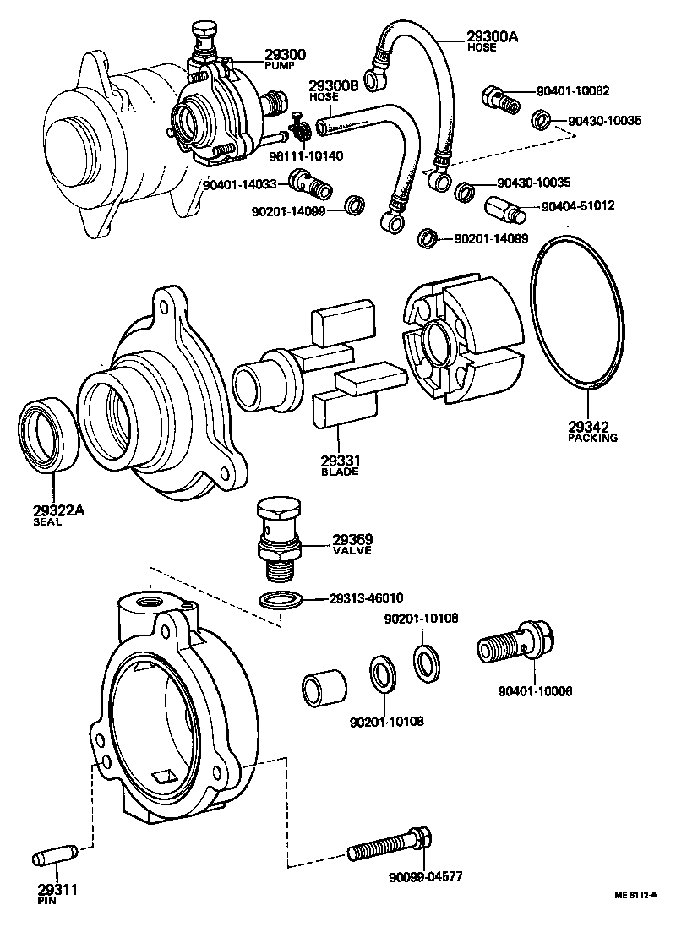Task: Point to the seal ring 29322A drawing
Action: pyautogui.click(x=48, y=435)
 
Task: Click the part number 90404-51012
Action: pyautogui.click(x=578, y=205)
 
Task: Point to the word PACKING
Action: pyautogui.click(x=593, y=438)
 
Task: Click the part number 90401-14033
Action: pyautogui.click(x=240, y=184)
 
